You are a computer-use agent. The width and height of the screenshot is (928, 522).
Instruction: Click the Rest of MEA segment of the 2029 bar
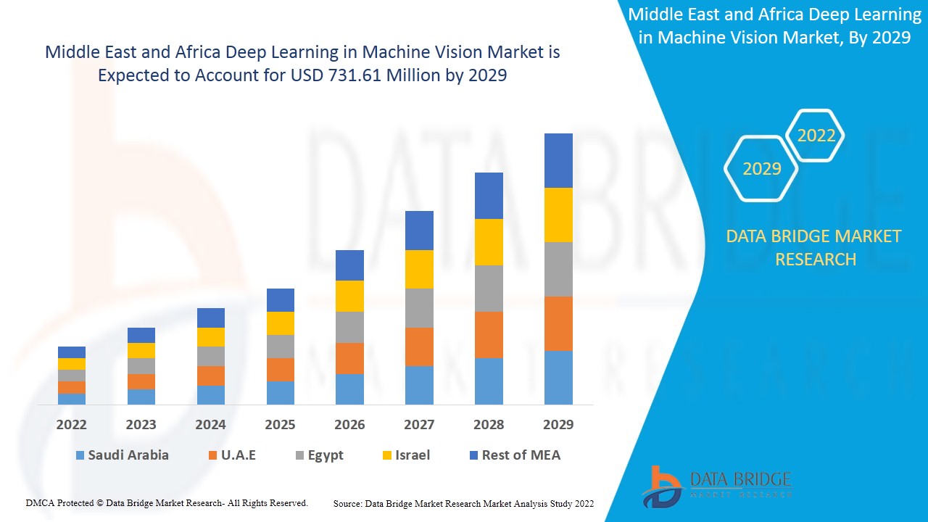tap(558, 160)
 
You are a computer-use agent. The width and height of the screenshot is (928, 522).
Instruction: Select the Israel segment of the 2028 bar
tap(489, 241)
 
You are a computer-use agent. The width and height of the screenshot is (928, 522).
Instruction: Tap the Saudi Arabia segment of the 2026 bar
tap(349, 389)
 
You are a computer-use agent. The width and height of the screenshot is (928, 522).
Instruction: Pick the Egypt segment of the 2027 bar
tap(419, 308)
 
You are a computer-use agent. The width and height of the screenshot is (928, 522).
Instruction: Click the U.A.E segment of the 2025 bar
tap(281, 369)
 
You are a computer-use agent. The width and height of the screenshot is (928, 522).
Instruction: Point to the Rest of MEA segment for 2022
tap(72, 352)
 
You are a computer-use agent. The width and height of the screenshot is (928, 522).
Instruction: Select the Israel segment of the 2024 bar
tap(211, 337)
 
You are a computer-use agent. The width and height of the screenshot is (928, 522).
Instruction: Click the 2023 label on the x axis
tap(141, 424)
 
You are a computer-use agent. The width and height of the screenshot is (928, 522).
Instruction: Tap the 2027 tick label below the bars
tap(419, 424)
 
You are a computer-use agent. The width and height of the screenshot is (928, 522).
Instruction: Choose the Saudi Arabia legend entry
tap(128, 455)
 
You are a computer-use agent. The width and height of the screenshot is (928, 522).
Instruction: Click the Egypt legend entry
tap(325, 455)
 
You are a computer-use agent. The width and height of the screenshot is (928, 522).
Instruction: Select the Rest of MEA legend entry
tap(521, 455)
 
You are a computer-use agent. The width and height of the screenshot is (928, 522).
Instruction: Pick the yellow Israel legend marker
tap(388, 455)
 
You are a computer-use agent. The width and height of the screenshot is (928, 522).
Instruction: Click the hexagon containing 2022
tap(816, 136)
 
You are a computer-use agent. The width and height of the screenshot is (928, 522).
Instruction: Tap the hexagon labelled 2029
tap(761, 168)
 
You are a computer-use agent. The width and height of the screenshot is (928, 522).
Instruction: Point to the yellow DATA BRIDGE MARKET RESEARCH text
tap(815, 247)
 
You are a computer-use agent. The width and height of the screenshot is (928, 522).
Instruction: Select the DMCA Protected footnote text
tap(167, 502)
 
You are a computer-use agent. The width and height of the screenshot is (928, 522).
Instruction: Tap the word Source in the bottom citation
tap(347, 503)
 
